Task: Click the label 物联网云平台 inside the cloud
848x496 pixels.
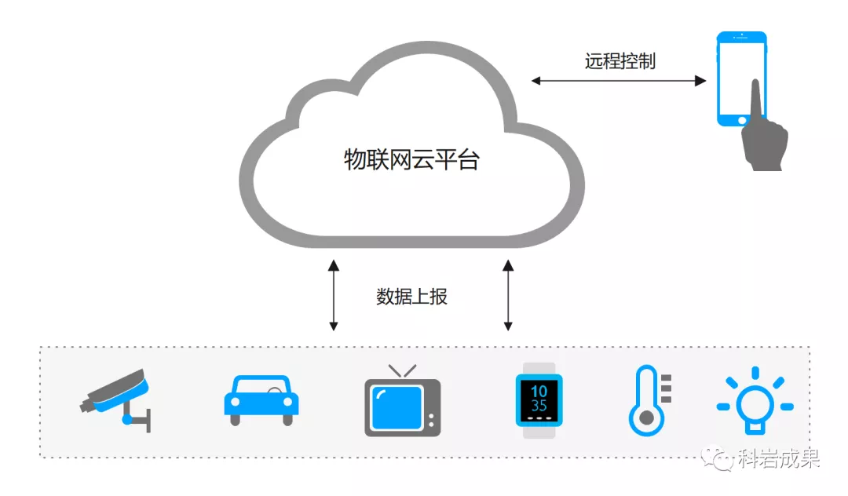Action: [x=411, y=160]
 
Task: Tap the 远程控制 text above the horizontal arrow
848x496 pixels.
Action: [x=620, y=61]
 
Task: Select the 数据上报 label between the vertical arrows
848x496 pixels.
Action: [x=411, y=297]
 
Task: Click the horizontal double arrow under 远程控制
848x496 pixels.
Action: [x=619, y=80]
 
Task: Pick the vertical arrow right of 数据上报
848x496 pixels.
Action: [x=508, y=297]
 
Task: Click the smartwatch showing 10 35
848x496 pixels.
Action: [x=539, y=399]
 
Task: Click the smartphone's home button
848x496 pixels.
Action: [x=742, y=120]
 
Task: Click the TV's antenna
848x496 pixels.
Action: [x=402, y=370]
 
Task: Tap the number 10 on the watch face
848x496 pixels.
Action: [x=539, y=391]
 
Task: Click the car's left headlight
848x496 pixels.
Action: [x=233, y=403]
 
